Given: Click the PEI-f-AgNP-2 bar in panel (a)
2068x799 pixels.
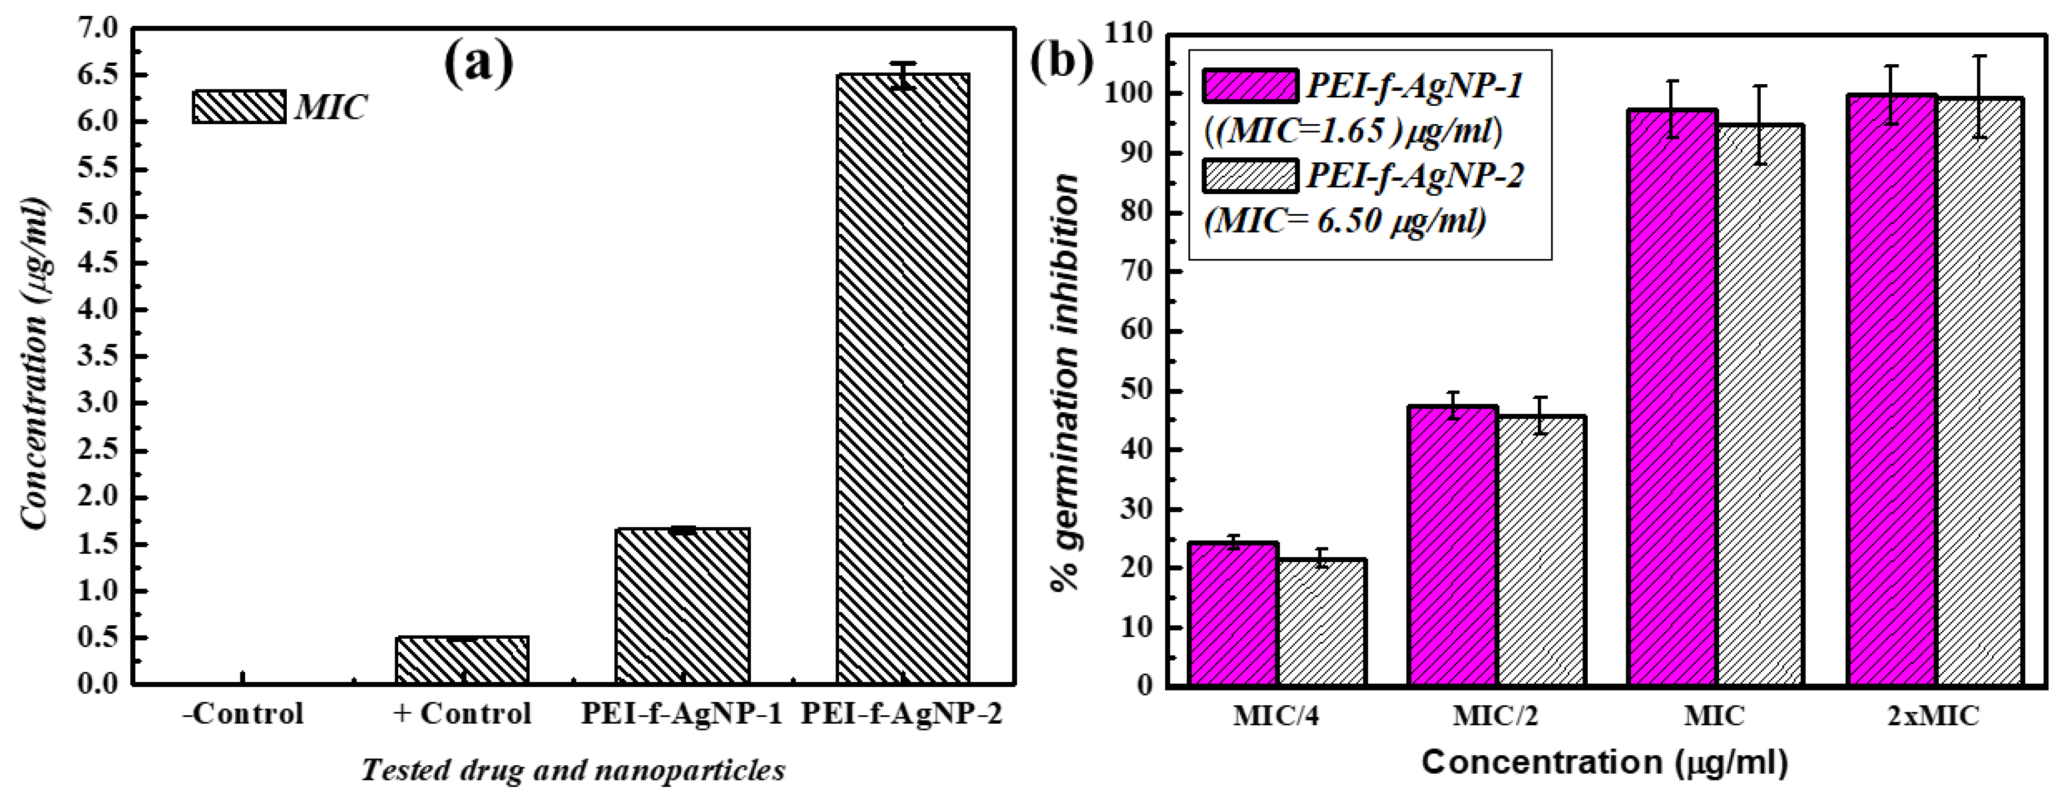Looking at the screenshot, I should click(903, 378).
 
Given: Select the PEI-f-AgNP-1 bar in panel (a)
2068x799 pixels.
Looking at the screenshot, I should click(682, 606).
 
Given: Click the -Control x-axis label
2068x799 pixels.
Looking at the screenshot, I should click(243, 713).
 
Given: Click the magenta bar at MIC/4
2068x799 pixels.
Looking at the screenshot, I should click(1234, 614).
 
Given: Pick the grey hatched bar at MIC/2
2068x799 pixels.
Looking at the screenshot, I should click(1541, 550).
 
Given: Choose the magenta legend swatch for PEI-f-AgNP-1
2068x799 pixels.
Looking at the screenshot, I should click(1250, 86).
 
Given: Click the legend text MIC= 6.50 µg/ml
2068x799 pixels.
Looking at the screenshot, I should click(1345, 220).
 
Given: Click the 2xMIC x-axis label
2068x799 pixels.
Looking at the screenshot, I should click(1933, 715).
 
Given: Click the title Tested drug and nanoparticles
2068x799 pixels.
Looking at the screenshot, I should click(572, 770).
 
